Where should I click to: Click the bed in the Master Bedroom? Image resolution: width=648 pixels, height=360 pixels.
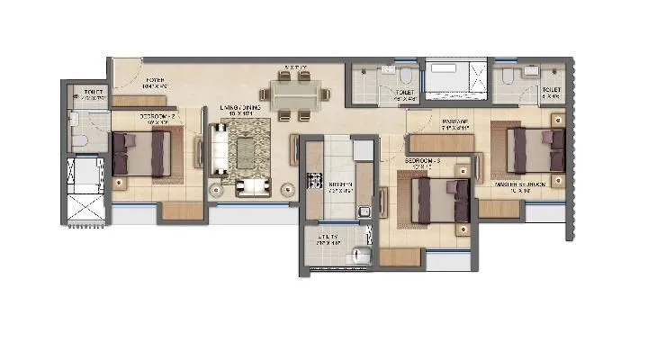pyautogui.click(x=535, y=149)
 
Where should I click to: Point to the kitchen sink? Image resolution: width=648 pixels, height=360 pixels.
pyautogui.click(x=364, y=212)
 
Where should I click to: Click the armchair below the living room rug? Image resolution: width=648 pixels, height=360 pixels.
pyautogui.click(x=252, y=186)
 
